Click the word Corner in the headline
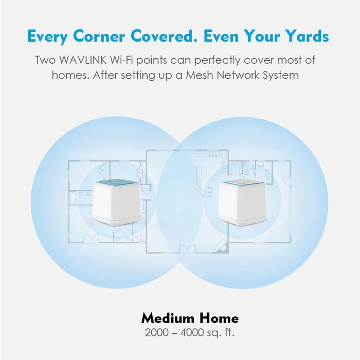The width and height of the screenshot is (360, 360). coord(99,37)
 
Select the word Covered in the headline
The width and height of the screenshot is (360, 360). coord(165,37)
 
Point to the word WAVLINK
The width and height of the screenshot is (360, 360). coord(81,60)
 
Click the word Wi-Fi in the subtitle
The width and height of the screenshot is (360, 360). coord(124,60)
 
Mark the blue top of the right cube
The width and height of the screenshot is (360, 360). coord(241,182)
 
